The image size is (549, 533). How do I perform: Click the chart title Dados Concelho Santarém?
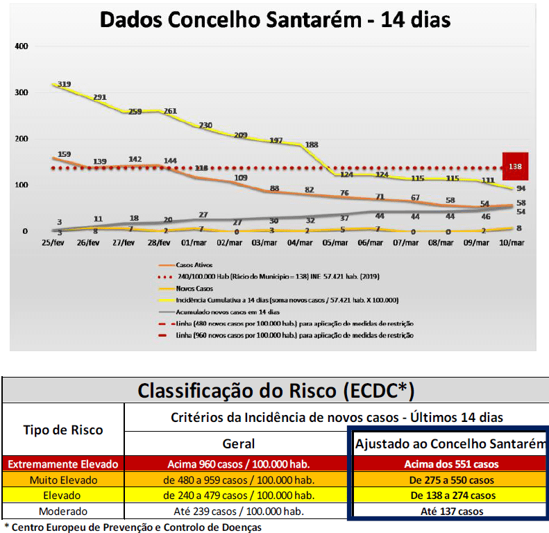(275, 19)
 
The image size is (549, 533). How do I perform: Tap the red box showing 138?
(515, 167)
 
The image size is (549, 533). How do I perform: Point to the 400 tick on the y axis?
(21, 46)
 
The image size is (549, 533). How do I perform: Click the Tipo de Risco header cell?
(63, 430)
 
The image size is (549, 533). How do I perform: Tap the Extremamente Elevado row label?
(63, 464)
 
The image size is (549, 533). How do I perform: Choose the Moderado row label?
(63, 511)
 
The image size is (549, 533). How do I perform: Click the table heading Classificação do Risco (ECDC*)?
(276, 390)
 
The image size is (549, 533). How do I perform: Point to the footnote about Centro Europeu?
(134, 527)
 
